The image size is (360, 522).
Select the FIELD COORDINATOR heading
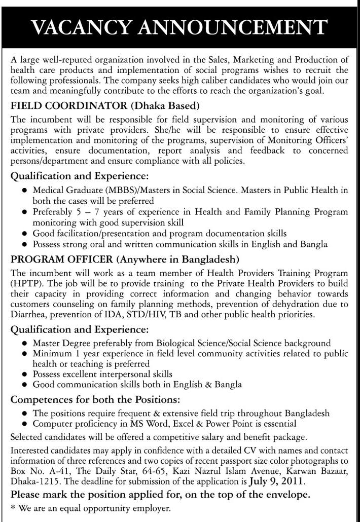(x=66, y=106)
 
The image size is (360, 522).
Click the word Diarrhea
(x=28, y=314)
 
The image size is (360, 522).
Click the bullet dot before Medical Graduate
(x=24, y=190)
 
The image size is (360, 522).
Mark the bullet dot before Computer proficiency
(x=24, y=423)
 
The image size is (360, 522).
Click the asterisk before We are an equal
(x=13, y=507)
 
